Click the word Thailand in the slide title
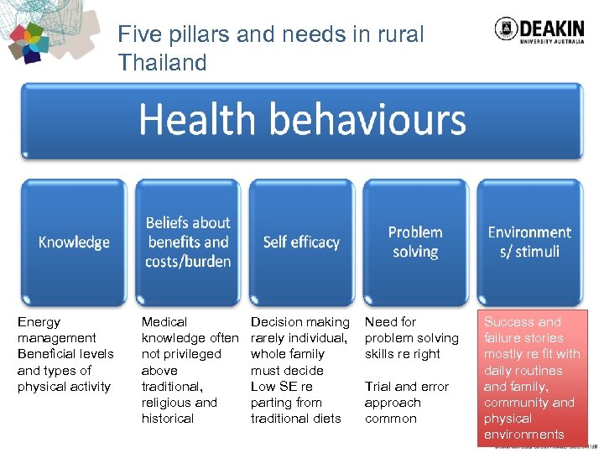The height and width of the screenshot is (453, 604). [162, 63]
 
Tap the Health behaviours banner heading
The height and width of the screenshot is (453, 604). [302, 120]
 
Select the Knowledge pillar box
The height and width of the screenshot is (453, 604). [74, 242]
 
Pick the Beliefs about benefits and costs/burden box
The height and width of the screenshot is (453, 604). [188, 242]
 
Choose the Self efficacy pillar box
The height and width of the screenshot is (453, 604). [301, 242]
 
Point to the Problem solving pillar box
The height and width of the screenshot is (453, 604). [415, 242]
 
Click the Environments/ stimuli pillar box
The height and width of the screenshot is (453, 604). [529, 242]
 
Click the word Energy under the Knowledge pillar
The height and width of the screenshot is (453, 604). [39, 322]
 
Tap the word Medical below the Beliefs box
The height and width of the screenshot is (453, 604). [164, 322]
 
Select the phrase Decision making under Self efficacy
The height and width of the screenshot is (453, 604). [300, 322]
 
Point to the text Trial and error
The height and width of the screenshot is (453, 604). [407, 387]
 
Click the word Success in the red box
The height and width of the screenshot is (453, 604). [510, 322]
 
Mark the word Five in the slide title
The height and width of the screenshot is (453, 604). [138, 34]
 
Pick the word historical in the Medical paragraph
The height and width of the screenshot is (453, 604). [167, 419]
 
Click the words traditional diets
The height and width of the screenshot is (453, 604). [295, 419]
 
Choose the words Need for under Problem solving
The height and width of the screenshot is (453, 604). [390, 322]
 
